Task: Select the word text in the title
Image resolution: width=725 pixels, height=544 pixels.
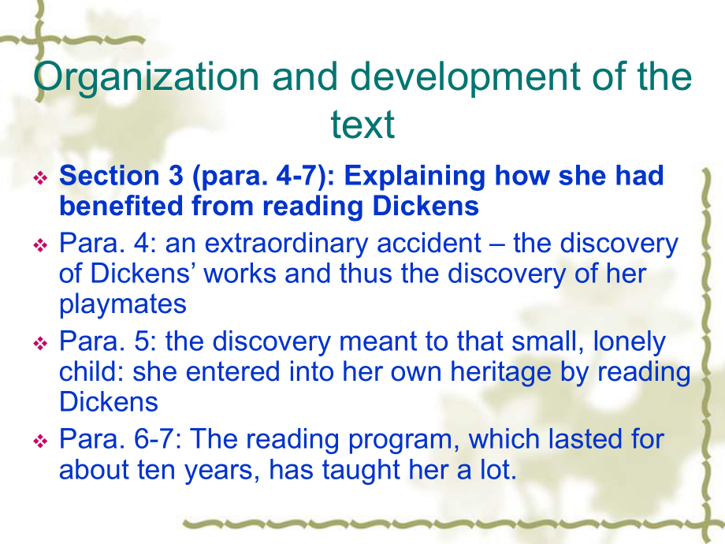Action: tap(362, 124)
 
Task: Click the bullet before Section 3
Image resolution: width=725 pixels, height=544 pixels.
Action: tap(41, 177)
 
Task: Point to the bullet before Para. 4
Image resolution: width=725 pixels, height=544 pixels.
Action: tap(41, 244)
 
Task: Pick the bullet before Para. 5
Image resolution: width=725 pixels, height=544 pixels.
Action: tap(41, 343)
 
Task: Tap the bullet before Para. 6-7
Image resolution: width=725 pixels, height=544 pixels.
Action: tap(41, 441)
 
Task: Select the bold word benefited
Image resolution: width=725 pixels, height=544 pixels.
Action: tap(121, 206)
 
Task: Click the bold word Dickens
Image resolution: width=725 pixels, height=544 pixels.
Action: tap(426, 206)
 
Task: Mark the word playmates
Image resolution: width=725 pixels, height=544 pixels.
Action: tap(123, 305)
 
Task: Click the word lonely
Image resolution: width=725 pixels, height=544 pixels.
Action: tap(630, 343)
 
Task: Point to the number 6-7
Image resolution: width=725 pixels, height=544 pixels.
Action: tap(157, 439)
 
